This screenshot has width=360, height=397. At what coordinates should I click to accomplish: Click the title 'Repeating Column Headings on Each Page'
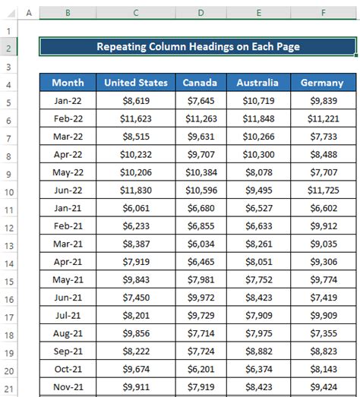click(x=197, y=47)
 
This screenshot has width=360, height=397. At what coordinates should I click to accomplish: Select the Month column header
click(x=68, y=83)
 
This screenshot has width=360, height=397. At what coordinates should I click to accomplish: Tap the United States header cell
click(x=135, y=83)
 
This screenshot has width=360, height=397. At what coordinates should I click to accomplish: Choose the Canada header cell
click(x=201, y=83)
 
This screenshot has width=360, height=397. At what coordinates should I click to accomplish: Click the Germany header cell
click(x=322, y=83)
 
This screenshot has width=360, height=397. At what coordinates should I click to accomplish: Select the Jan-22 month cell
click(x=68, y=101)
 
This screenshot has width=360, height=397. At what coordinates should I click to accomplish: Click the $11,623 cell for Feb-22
click(x=135, y=119)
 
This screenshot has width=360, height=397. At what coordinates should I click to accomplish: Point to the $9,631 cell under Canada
click(x=201, y=137)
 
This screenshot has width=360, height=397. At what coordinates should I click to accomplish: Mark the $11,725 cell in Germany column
click(x=322, y=190)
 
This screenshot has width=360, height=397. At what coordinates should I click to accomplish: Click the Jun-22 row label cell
click(x=68, y=190)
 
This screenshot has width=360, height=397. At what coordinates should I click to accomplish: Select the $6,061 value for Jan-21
click(x=135, y=208)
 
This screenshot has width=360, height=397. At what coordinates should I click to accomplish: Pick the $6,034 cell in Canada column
click(x=201, y=244)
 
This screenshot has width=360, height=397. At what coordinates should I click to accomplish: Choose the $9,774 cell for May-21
click(x=322, y=279)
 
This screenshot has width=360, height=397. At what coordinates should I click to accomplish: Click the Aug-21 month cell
click(x=68, y=332)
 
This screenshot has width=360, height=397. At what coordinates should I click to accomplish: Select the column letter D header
click(x=201, y=13)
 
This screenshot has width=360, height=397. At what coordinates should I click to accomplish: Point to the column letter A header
click(x=28, y=13)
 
